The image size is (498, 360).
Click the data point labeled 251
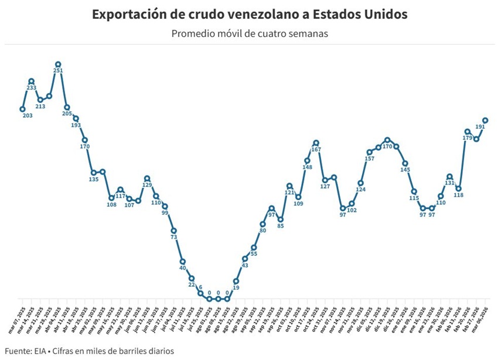click(x=58, y=64)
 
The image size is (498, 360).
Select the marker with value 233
click(x=32, y=81)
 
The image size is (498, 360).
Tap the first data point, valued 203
click(x=22, y=109)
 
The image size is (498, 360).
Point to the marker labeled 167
click(x=316, y=143)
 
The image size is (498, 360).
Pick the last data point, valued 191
click(x=485, y=121)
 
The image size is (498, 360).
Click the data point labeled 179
click(x=467, y=132)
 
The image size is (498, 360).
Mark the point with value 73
click(x=174, y=231)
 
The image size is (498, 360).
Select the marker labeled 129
click(x=147, y=179)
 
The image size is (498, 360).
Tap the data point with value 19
click(x=236, y=281)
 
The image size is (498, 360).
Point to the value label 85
click(x=281, y=226)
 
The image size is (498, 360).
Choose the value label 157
click(x=369, y=159)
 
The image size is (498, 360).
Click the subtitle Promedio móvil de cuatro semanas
click(x=249, y=33)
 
